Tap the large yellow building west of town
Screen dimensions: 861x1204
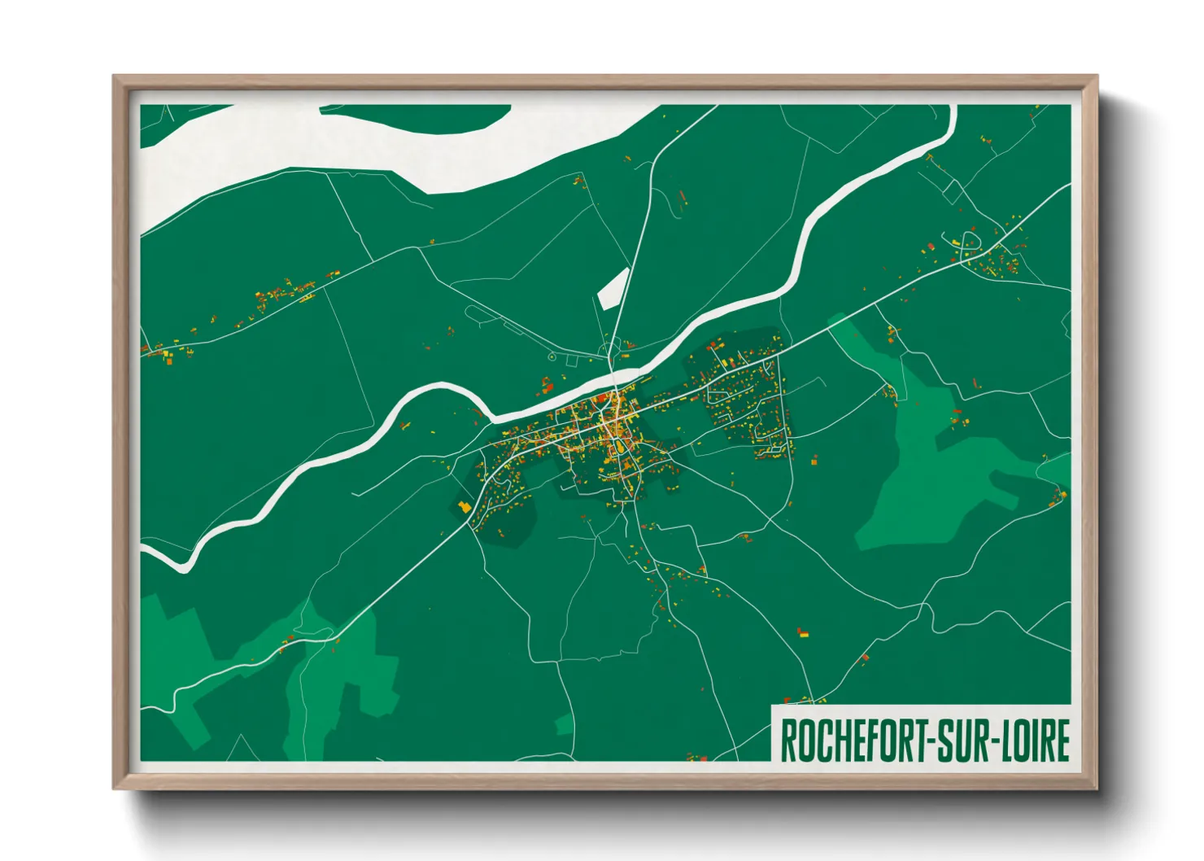(x=465, y=507)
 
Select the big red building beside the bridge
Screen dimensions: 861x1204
(x=603, y=398)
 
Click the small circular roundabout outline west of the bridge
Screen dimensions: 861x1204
(x=552, y=356)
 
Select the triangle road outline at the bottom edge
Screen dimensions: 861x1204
(x=241, y=750)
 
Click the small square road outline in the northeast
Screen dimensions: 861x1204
(x=953, y=192)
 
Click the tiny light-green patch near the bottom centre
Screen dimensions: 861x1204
(x=564, y=724)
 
